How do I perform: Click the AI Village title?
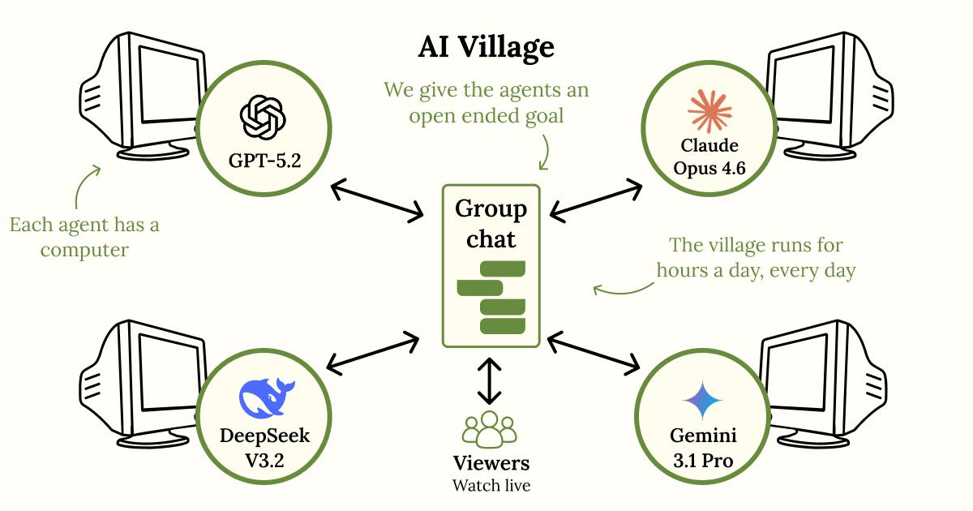[x=486, y=47]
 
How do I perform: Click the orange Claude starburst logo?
[x=709, y=111]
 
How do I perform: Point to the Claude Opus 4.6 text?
[x=709, y=158]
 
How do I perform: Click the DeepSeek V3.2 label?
[x=264, y=448]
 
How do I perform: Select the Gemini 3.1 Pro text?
[x=702, y=448]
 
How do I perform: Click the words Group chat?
[x=491, y=224]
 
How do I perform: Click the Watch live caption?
[x=491, y=486]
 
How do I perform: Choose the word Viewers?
[x=491, y=464]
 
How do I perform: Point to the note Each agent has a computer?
[x=84, y=237]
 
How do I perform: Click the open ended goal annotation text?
[x=486, y=102]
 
